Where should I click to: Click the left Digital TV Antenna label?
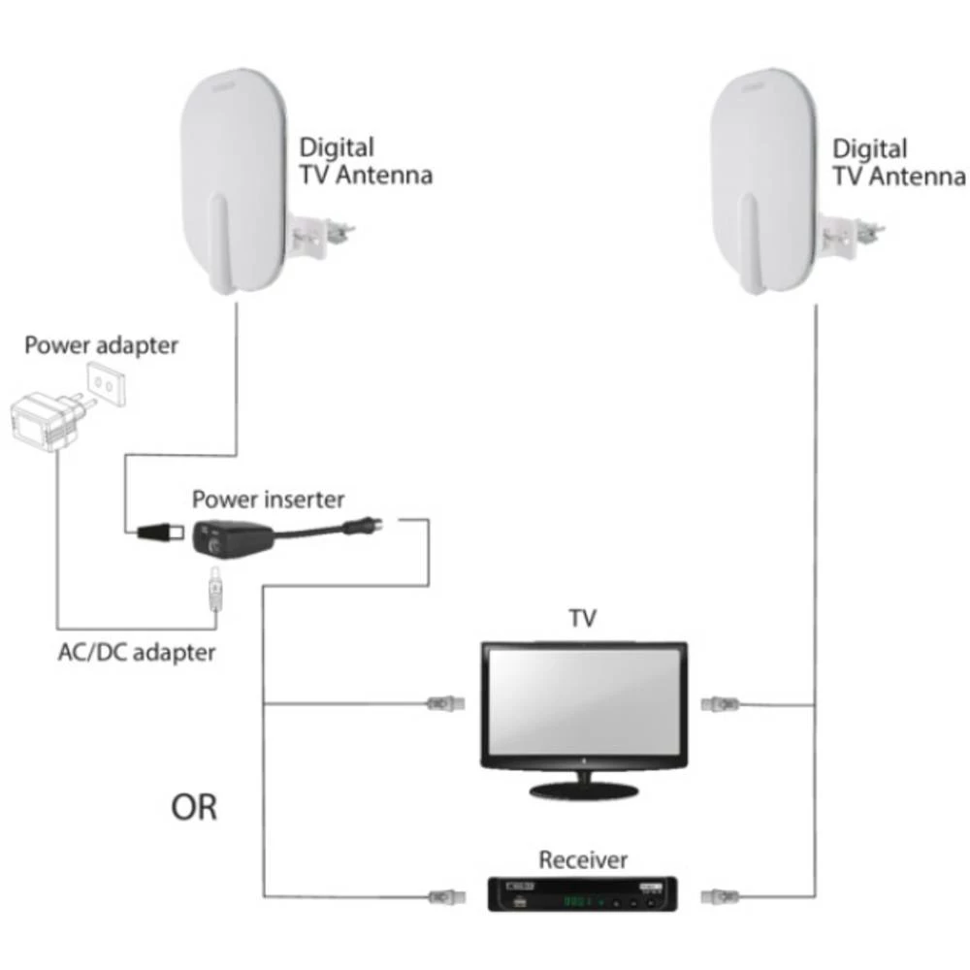365,162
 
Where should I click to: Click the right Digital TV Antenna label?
898,162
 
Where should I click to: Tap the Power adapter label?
102,345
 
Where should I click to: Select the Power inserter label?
268,500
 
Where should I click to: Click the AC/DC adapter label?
135,651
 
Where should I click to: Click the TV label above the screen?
582,618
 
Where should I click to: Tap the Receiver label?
583,859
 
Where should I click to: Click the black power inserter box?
229,534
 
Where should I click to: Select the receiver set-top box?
592,893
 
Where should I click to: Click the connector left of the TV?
442,702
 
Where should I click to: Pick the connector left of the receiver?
442,893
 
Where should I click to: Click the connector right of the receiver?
724,893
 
